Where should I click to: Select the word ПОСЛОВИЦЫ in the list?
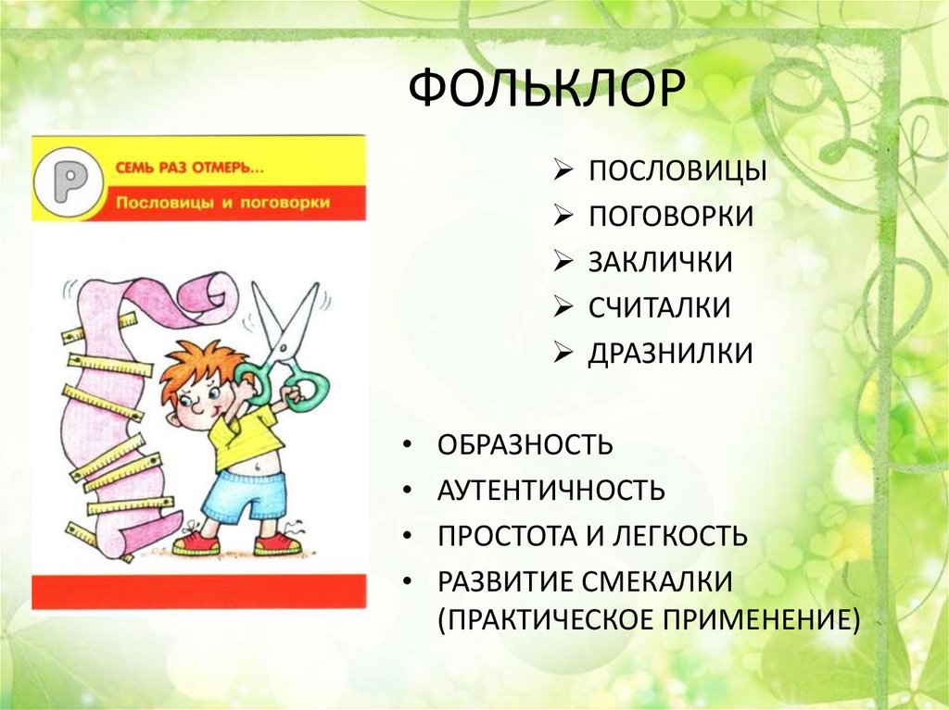676,172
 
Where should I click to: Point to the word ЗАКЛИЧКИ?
660,262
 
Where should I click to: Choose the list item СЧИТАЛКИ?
659,307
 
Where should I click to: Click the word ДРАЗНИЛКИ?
670,353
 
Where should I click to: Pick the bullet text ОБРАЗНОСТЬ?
525,444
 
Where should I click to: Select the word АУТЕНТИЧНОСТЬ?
551,490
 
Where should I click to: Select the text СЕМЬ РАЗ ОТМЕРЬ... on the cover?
189,168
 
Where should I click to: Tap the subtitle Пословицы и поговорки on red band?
222,202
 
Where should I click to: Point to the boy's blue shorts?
244,494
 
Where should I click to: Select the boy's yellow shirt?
245,435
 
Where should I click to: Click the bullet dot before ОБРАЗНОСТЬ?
409,445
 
